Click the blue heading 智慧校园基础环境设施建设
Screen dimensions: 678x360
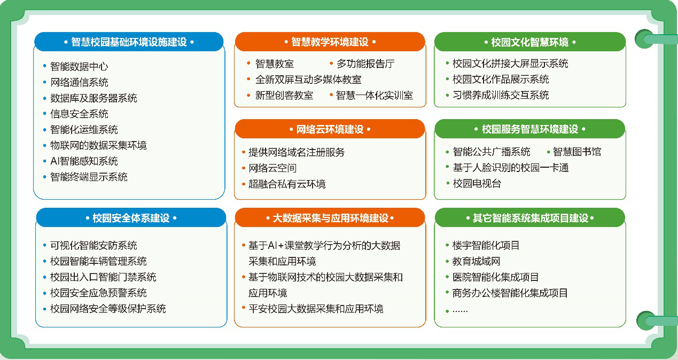(129, 42)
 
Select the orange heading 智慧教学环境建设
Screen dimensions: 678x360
(330, 42)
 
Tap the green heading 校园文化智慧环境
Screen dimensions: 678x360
(529, 42)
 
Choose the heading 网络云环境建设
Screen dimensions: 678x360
(330, 129)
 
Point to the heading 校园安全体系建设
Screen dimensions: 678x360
(131, 218)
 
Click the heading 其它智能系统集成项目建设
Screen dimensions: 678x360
(531, 218)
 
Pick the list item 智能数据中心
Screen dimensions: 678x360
(79, 67)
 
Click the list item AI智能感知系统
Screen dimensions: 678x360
(84, 161)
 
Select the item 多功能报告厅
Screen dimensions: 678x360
(365, 64)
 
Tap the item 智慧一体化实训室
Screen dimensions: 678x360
(375, 96)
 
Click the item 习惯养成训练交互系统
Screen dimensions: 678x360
(501, 95)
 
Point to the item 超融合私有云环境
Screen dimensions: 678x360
(287, 184)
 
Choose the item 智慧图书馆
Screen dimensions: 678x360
(577, 152)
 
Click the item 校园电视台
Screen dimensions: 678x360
(477, 184)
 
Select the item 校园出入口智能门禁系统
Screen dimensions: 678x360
(103, 277)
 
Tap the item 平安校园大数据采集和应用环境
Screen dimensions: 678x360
(316, 309)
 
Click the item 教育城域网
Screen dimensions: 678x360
(476, 261)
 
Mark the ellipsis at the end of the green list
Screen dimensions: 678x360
(460, 311)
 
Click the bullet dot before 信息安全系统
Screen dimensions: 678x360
(45, 114)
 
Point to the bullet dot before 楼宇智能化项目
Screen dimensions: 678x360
(447, 245)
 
